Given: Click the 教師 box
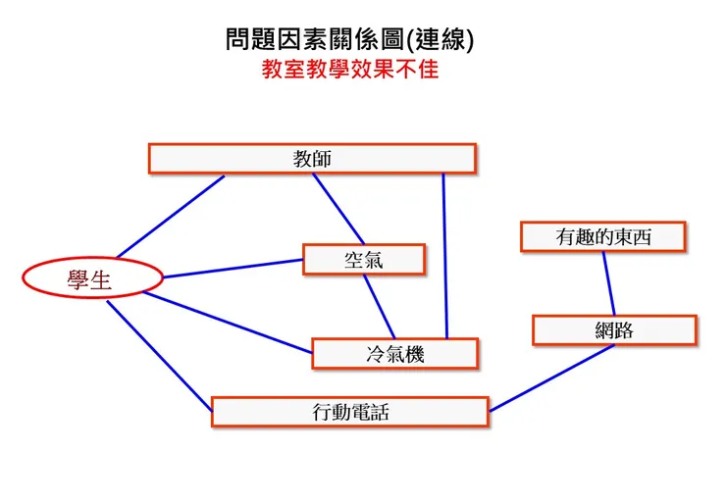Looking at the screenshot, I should click(312, 159).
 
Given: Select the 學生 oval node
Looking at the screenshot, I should click(89, 279).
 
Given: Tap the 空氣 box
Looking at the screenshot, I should click(364, 260).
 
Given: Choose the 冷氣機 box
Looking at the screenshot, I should click(394, 354).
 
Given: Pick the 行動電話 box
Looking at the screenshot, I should click(349, 412).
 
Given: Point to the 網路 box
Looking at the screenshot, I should click(614, 330).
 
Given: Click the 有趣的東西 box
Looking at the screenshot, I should click(602, 237).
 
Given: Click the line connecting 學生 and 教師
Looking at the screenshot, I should click(170, 216).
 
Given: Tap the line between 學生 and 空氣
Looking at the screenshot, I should click(233, 269).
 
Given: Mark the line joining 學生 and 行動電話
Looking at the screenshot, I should click(159, 354).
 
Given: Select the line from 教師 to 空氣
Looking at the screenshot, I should click(338, 209).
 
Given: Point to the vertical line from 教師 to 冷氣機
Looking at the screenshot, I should click(444, 255).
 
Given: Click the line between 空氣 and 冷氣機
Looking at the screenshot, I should click(379, 306).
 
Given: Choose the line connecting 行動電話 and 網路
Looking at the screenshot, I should click(551, 378).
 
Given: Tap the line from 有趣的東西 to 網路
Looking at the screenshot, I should click(608, 283).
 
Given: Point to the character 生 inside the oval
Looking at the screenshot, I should click(101, 279).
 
